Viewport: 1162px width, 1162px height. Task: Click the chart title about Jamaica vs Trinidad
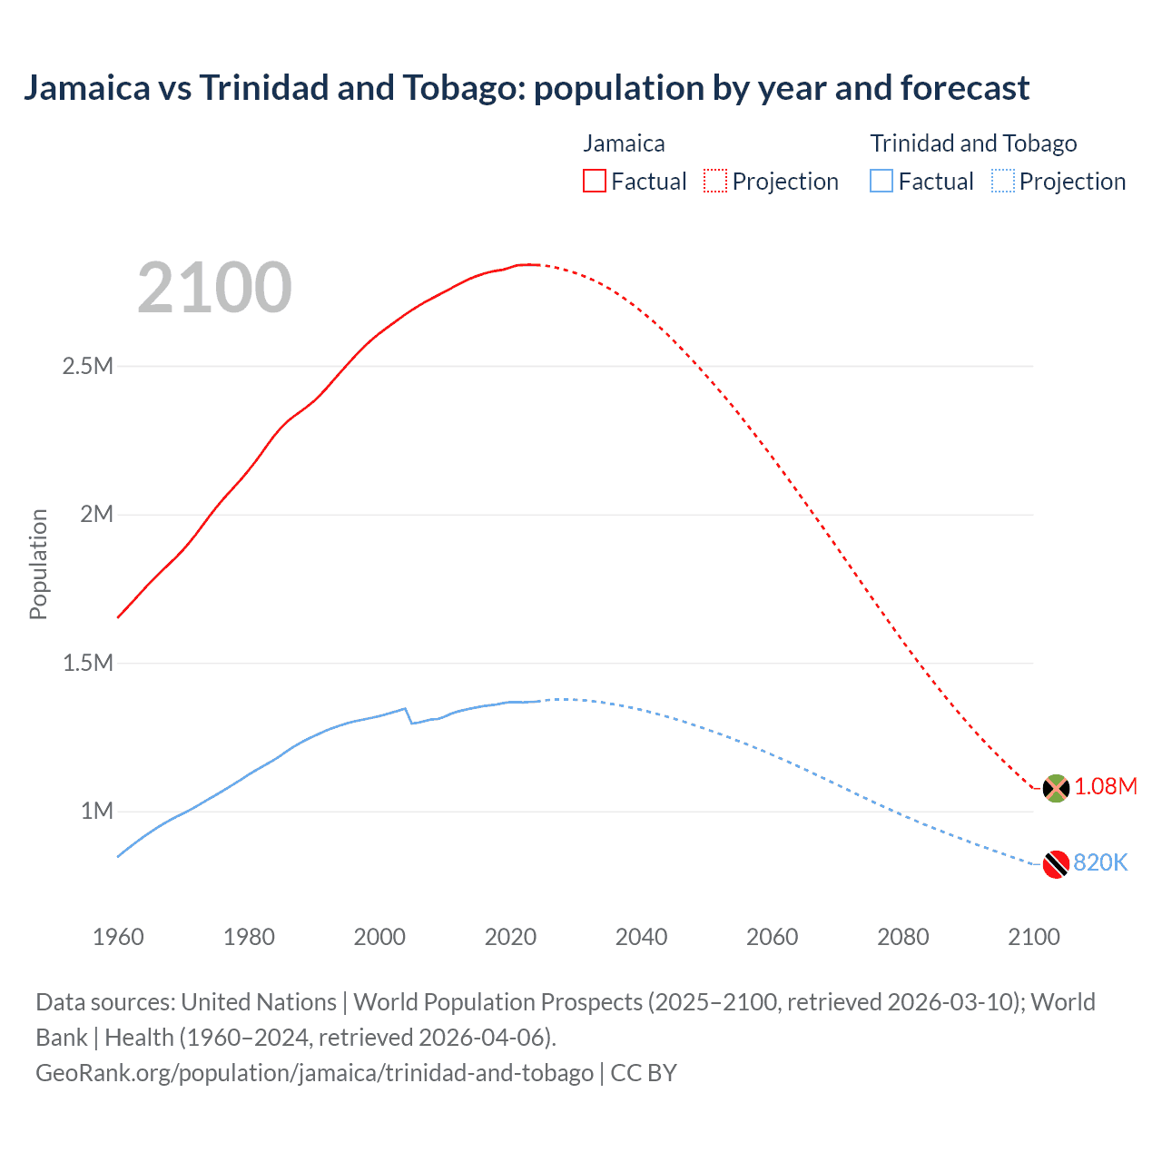(527, 88)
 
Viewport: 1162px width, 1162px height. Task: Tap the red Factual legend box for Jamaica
(594, 181)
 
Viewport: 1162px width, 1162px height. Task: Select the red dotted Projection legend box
(715, 181)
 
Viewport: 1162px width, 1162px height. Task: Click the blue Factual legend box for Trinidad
(881, 181)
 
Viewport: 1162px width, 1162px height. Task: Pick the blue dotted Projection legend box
(1003, 181)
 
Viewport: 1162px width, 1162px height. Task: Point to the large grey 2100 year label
(214, 288)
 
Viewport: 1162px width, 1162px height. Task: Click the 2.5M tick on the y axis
(88, 366)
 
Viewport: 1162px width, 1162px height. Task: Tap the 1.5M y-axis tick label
(88, 663)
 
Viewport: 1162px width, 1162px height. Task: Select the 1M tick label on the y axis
(97, 811)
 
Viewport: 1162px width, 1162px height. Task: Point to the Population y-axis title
(38, 564)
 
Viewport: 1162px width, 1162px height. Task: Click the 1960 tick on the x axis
(118, 937)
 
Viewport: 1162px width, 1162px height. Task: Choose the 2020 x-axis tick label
(510, 937)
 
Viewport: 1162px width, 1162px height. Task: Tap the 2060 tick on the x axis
(772, 937)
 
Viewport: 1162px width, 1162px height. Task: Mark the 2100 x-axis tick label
(1033, 937)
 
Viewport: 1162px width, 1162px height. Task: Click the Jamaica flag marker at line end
(1056, 788)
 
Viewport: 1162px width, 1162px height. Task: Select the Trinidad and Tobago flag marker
(1056, 864)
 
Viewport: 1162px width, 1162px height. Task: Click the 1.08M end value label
(1106, 786)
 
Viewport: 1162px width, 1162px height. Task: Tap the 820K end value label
(1100, 862)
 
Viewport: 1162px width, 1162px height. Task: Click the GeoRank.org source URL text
(314, 1072)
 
